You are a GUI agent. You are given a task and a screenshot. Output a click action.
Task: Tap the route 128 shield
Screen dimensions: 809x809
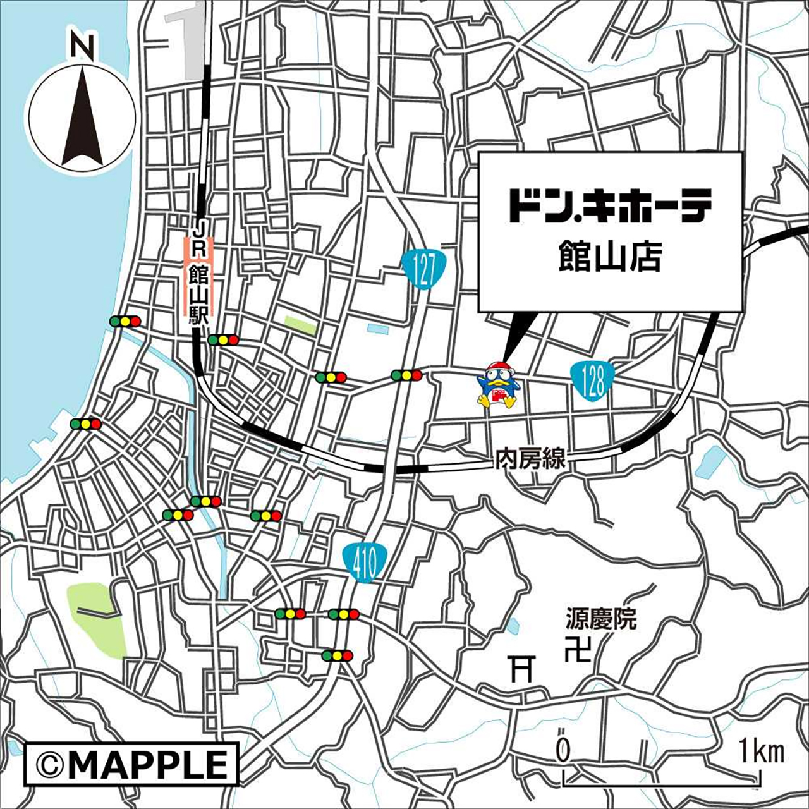pyautogui.click(x=592, y=379)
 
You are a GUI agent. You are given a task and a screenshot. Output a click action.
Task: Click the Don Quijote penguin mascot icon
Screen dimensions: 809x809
pyautogui.click(x=498, y=385)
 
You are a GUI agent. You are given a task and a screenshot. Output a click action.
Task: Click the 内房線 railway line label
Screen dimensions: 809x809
pyautogui.click(x=530, y=459)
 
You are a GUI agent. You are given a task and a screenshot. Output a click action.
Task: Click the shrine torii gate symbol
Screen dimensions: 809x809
pyautogui.click(x=523, y=668)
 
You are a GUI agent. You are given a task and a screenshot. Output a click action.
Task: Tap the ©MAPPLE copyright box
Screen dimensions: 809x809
pyautogui.click(x=131, y=763)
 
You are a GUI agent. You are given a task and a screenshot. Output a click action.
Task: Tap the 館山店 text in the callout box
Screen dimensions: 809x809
pyautogui.click(x=609, y=257)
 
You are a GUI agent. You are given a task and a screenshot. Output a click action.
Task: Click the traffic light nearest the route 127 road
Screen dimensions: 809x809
pyautogui.click(x=406, y=375)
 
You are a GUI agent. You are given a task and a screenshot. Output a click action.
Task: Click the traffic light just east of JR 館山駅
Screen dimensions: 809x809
pyautogui.click(x=223, y=340)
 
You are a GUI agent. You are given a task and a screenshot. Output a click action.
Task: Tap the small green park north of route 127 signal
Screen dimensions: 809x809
pyautogui.click(x=300, y=325)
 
